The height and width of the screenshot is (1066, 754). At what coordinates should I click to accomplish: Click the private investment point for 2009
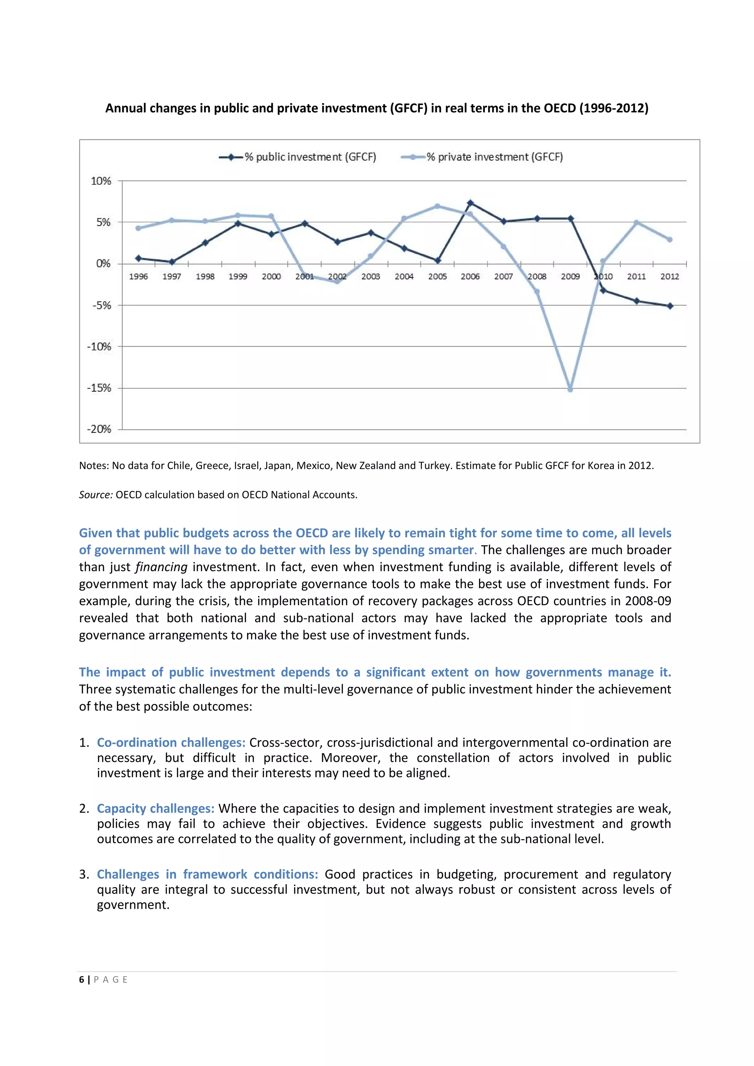point(570,389)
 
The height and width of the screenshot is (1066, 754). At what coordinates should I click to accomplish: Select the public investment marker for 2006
point(470,203)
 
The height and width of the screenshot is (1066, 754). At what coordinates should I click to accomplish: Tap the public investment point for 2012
point(669,306)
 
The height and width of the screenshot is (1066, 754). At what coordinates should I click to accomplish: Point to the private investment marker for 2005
point(437,206)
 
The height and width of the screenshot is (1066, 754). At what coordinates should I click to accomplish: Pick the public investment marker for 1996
point(138,258)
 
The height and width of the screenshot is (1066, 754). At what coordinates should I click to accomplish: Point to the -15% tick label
point(99,388)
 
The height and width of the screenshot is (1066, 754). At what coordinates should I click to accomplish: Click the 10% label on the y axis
point(101,181)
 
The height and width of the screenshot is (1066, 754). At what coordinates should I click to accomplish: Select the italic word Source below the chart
point(95,495)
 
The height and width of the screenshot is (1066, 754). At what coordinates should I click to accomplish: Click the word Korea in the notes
point(601,466)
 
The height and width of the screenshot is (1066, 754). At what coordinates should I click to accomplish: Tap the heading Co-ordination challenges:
point(171,742)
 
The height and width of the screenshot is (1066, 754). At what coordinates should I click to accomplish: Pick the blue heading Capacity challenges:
point(155,808)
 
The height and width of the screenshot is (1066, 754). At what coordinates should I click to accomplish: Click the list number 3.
point(84,874)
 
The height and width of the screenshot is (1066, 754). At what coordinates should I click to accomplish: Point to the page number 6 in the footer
point(82,979)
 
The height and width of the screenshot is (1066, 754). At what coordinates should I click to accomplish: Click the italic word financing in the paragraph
point(162,567)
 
